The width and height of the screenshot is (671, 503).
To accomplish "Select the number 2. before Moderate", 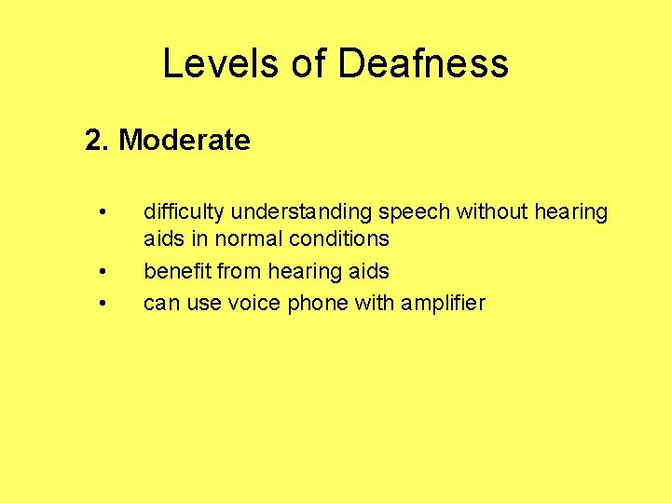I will tap(97, 141).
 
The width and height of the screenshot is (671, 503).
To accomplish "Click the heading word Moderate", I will tap(185, 141).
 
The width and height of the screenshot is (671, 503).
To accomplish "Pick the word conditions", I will tap(338, 238).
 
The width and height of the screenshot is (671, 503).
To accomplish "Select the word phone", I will tap(315, 303).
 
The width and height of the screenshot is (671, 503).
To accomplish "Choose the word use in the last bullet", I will tap(202, 303).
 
